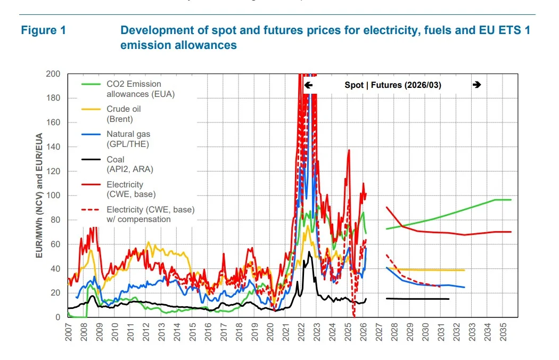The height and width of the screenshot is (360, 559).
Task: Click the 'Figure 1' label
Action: (44, 30)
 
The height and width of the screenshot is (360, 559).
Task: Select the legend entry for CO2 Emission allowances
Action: (141, 89)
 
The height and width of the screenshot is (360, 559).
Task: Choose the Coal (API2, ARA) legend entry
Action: (127, 164)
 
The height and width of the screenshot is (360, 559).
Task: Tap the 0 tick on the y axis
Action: (58, 317)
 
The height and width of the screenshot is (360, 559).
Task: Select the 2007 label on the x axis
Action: (68, 332)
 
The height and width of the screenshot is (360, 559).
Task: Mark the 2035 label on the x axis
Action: (503, 332)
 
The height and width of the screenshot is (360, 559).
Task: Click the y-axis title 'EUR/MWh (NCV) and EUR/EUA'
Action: (39, 195)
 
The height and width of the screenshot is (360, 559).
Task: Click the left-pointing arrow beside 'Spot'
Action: (308, 85)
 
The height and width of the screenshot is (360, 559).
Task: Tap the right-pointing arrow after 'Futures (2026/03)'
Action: (476, 85)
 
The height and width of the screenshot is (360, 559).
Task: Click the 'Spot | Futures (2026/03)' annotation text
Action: (393, 85)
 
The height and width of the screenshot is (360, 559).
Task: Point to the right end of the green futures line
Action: (511, 200)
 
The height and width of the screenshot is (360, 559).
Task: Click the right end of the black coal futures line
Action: (449, 299)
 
